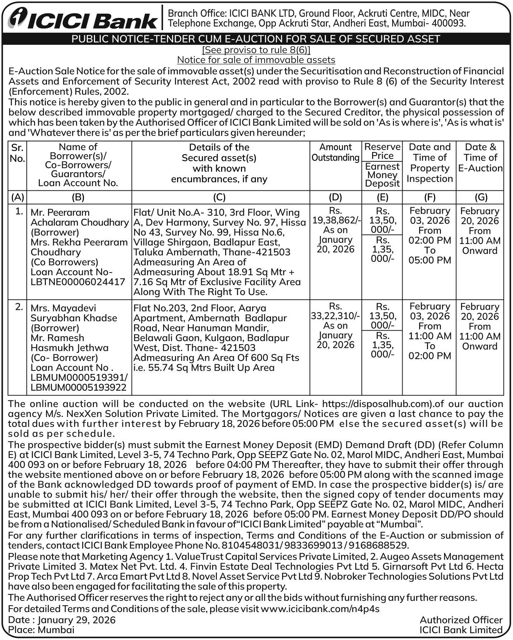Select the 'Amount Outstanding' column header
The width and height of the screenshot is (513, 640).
click(x=335, y=152)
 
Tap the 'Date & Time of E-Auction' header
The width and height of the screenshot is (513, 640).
click(x=480, y=157)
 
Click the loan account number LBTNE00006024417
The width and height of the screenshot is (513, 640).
click(x=78, y=282)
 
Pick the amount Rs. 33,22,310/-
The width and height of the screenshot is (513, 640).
click(x=335, y=316)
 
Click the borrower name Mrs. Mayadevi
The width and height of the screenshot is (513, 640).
click(x=63, y=308)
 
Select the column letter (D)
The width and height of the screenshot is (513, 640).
click(x=335, y=197)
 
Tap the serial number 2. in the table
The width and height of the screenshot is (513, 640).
click(x=19, y=307)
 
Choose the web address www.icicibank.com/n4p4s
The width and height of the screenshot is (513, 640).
click(x=320, y=608)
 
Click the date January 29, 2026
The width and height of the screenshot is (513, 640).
click(x=76, y=620)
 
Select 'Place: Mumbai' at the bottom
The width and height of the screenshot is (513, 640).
click(x=41, y=630)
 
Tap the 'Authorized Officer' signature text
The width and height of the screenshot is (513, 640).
click(x=461, y=620)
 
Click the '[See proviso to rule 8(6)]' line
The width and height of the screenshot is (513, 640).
click(x=256, y=49)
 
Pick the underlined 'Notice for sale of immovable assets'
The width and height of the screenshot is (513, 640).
click(x=256, y=60)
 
